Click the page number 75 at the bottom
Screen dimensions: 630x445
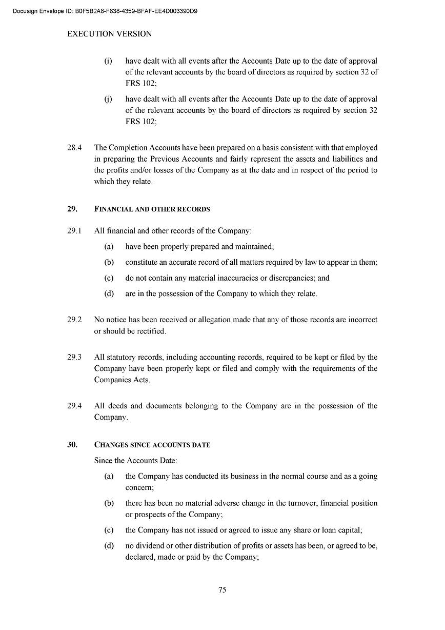click(222, 590)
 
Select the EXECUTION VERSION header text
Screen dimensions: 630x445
click(110, 34)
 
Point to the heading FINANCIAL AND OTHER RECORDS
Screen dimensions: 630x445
click(152, 209)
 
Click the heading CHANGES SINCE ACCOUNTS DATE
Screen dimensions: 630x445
click(152, 445)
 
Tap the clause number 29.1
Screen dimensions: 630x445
click(74, 231)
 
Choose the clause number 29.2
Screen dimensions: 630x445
click(74, 320)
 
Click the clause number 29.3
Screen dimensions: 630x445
click(74, 357)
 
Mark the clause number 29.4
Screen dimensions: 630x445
click(74, 406)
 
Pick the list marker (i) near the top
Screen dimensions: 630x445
click(108, 61)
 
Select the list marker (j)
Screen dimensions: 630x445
click(108, 99)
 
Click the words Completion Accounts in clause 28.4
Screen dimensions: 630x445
click(146, 148)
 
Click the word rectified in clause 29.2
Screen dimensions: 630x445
click(150, 331)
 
